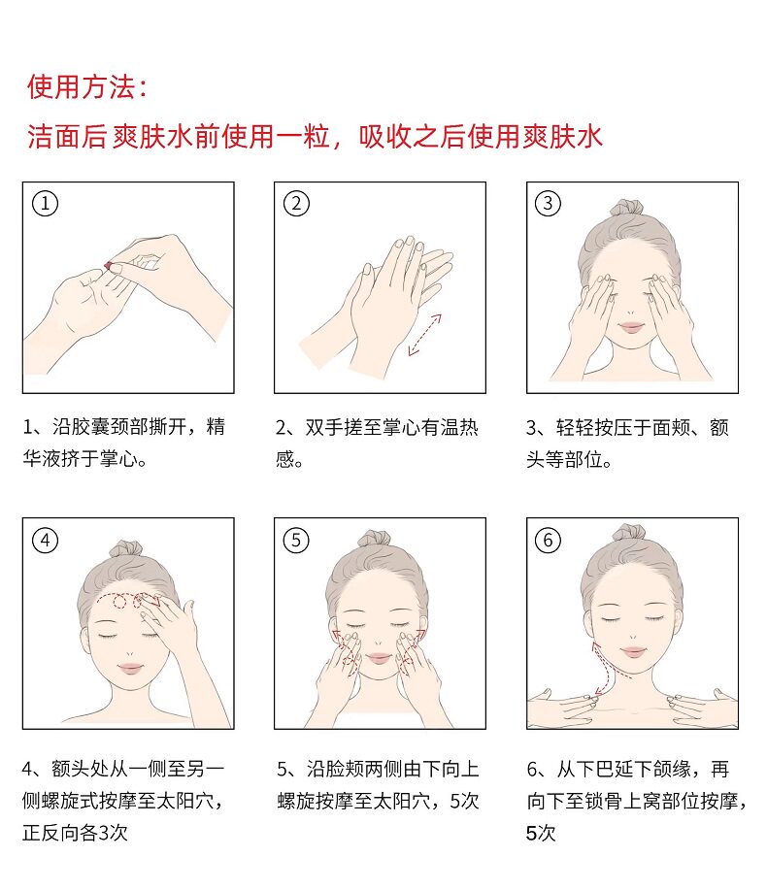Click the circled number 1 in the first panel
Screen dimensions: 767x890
click(x=45, y=204)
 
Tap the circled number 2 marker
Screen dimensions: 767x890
click(x=296, y=204)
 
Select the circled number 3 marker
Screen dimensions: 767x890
click(x=548, y=204)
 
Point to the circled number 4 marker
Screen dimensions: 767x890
click(x=45, y=541)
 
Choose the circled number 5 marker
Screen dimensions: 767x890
click(x=296, y=541)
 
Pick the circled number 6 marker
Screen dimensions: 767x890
click(x=548, y=541)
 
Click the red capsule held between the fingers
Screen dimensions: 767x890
click(x=109, y=265)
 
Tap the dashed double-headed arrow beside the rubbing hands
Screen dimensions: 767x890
click(x=424, y=335)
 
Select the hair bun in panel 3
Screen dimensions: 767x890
click(x=627, y=208)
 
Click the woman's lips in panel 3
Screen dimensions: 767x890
click(x=632, y=327)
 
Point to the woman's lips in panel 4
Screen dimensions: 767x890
click(x=130, y=668)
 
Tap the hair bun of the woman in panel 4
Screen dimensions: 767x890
click(x=125, y=548)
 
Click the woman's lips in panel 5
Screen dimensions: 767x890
click(x=379, y=658)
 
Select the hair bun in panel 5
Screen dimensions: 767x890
click(x=374, y=539)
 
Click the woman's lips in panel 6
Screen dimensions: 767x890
click(x=633, y=651)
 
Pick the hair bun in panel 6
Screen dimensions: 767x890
click(x=629, y=533)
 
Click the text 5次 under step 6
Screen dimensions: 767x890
click(x=541, y=834)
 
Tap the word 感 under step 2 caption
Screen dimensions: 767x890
click(x=285, y=459)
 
